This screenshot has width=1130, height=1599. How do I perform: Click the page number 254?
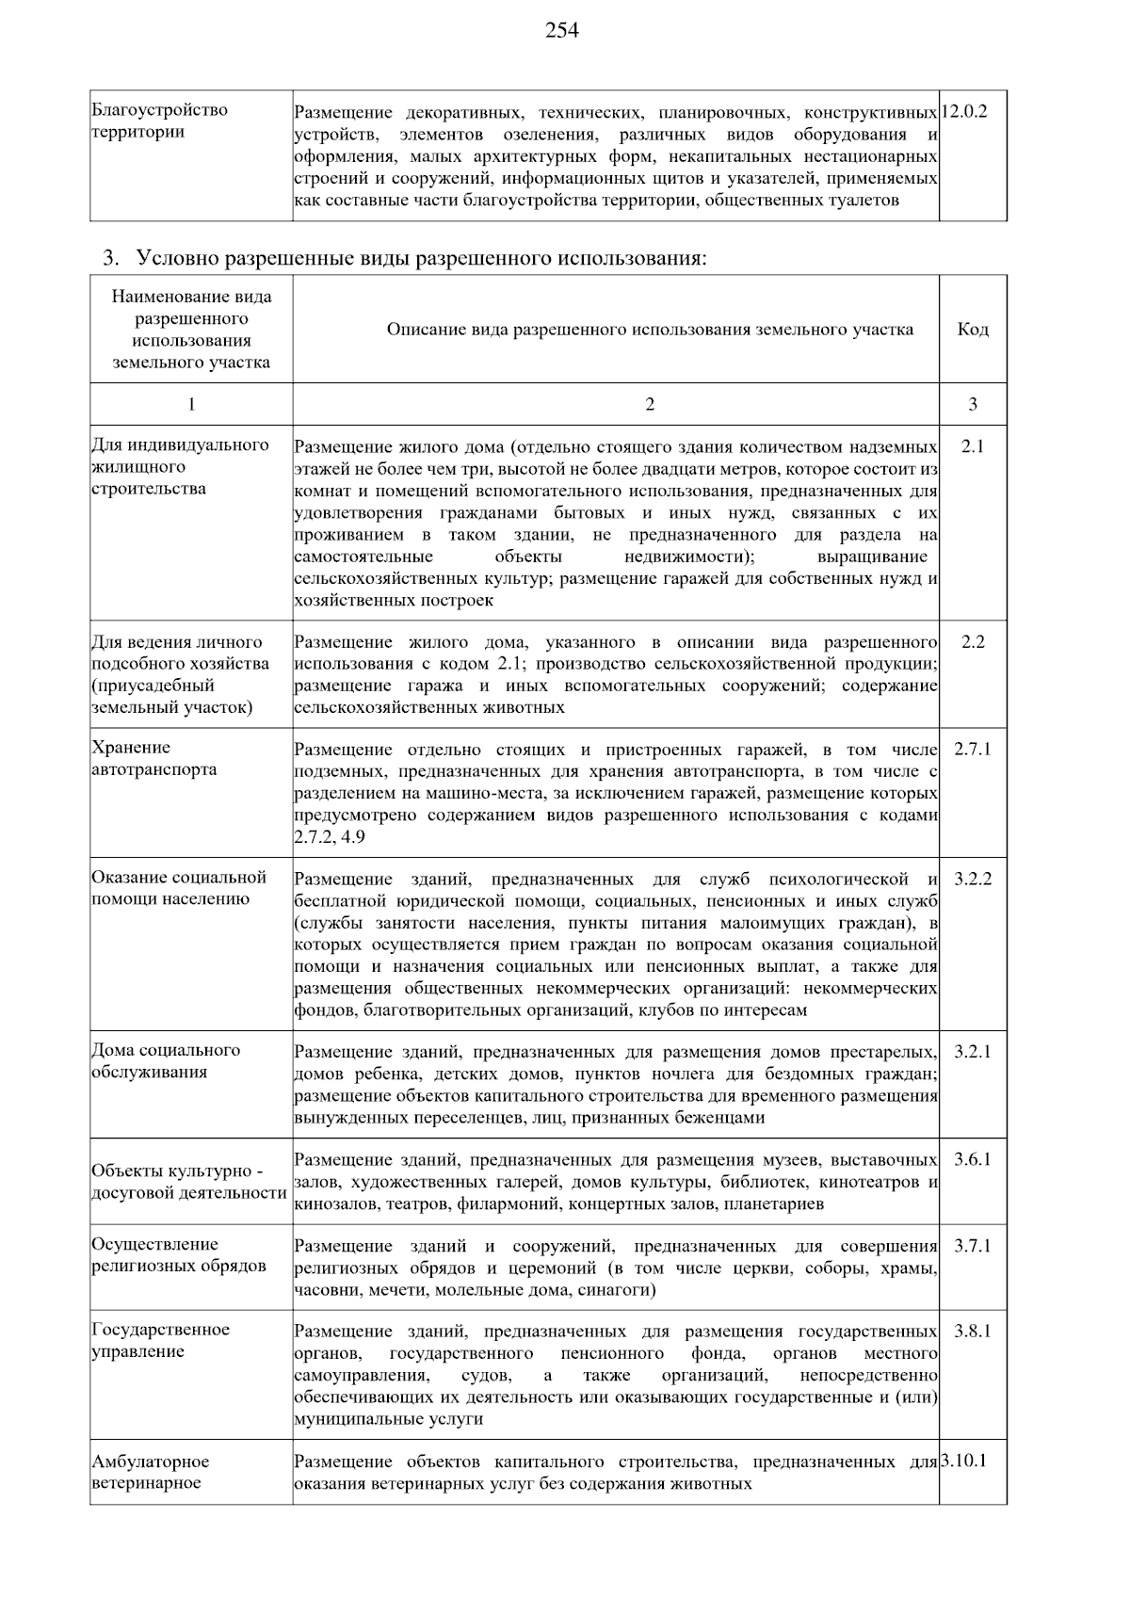(x=562, y=31)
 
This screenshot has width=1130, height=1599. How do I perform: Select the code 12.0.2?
(x=964, y=111)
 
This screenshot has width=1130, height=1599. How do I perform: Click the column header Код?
(x=973, y=330)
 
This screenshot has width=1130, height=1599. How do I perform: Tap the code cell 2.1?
(x=973, y=446)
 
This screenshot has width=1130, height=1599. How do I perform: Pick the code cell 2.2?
(x=973, y=642)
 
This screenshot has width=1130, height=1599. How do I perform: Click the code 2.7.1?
(x=973, y=750)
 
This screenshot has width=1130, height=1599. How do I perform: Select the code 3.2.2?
(x=973, y=880)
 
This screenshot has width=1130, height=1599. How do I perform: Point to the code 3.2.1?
(x=973, y=1052)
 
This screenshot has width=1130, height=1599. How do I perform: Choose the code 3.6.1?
(x=973, y=1160)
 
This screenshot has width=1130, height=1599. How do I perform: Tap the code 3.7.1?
(x=973, y=1247)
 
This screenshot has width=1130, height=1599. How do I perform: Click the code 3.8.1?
(x=973, y=1332)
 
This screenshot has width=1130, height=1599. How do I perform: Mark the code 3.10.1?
(x=963, y=1462)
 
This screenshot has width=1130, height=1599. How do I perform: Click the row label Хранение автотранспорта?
(x=153, y=759)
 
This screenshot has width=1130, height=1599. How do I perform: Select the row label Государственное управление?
(x=160, y=1341)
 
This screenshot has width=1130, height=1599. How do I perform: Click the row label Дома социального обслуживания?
(x=165, y=1061)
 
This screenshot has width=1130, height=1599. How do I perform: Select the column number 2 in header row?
(x=650, y=404)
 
